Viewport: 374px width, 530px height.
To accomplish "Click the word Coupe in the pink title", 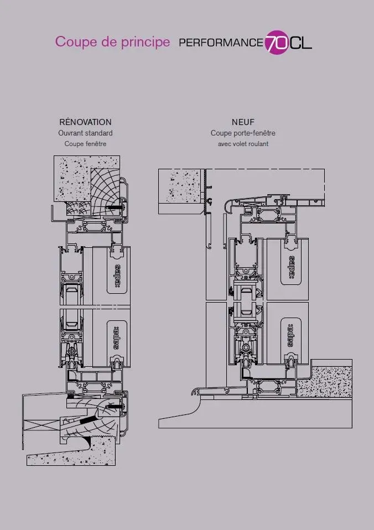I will click(72, 42).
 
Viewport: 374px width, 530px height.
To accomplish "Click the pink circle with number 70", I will click(276, 41).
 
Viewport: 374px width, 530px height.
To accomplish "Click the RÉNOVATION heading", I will click(85, 122).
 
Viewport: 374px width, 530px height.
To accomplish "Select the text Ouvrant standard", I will click(85, 133).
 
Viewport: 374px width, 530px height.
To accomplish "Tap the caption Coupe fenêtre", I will click(85, 144).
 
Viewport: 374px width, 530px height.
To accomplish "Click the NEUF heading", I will click(243, 122).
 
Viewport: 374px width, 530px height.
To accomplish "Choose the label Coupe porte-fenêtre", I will click(243, 133).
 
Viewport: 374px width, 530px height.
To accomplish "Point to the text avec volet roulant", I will click(243, 144).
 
